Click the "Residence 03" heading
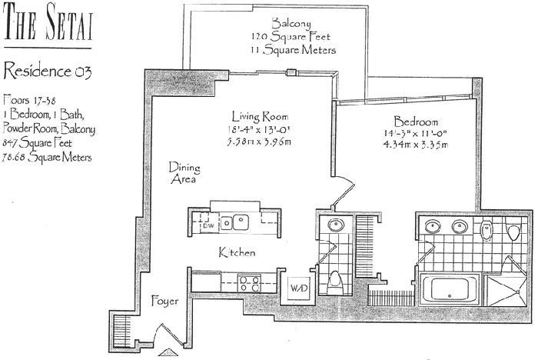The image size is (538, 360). point(48,72)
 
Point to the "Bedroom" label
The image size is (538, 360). point(416,122)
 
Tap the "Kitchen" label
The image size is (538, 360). point(237,252)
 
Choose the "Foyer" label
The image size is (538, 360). point(164,301)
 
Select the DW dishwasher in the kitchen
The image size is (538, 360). point(208,226)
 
